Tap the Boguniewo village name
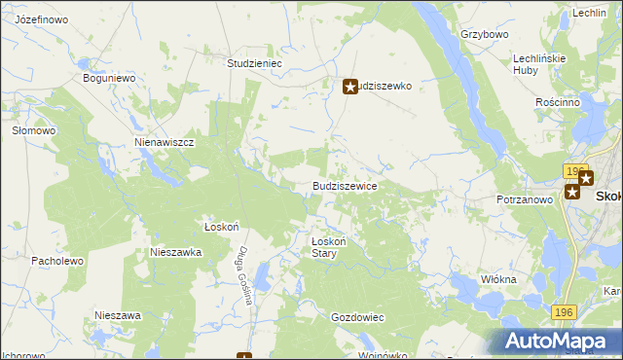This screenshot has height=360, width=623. tap(108, 78)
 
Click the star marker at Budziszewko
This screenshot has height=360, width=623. tap(350, 87)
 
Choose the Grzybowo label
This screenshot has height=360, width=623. tap(486, 34)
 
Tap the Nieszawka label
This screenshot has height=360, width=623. tap(175, 251)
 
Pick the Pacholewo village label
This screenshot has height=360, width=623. tap(59, 262)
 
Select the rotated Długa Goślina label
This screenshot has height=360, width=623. tap(243, 274)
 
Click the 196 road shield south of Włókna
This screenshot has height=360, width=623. tap(561, 311)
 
